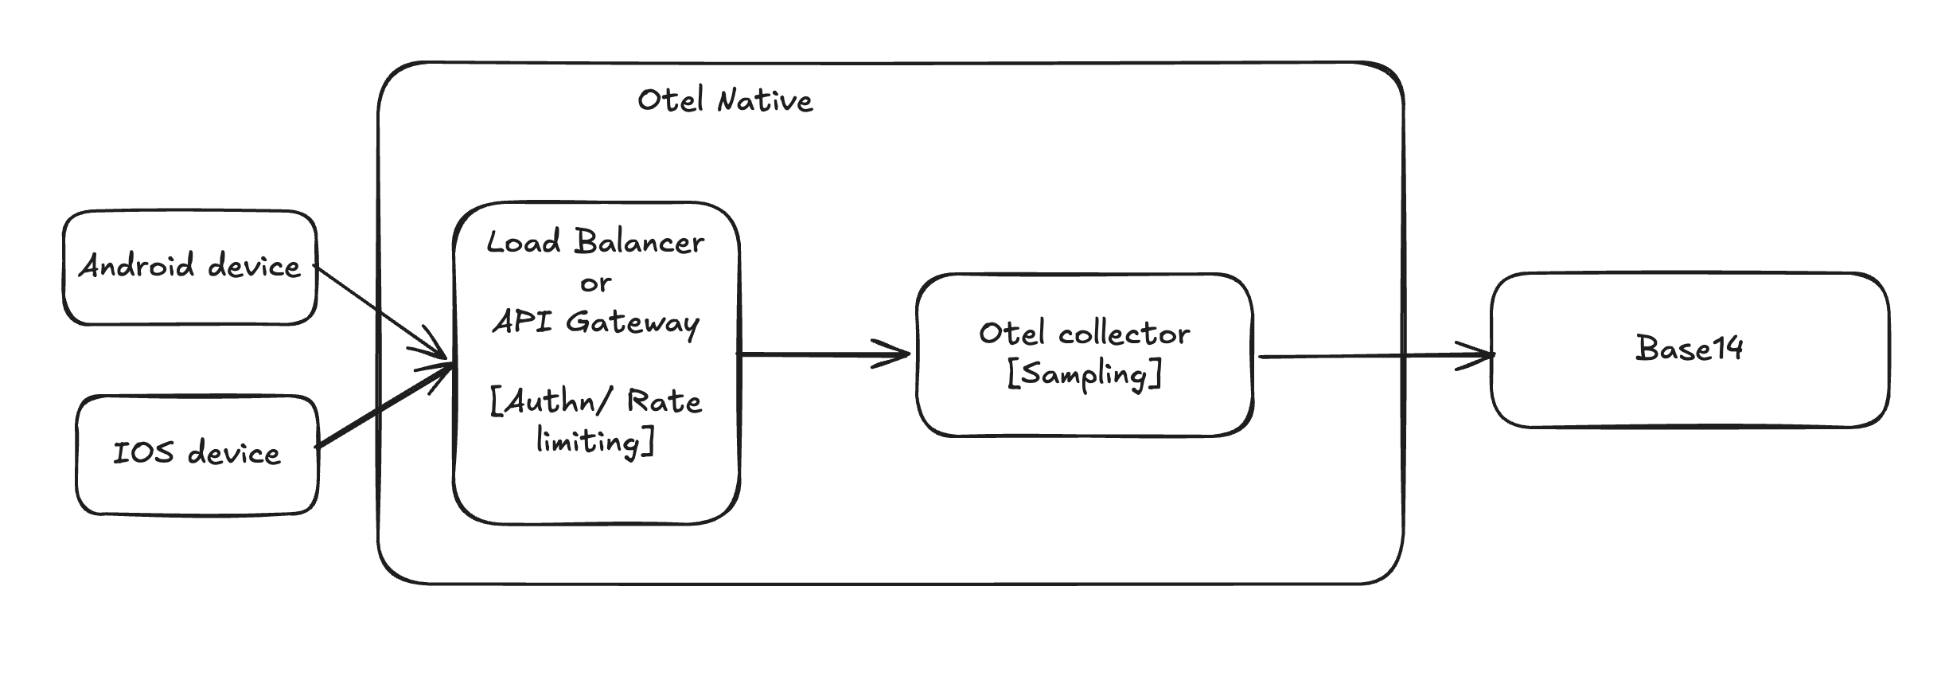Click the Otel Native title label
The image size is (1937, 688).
click(725, 100)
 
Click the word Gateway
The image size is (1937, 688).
click(633, 322)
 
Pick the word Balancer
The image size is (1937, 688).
click(639, 241)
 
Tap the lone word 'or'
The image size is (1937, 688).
click(595, 283)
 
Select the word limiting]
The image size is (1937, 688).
click(595, 440)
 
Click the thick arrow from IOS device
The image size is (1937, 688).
click(385, 406)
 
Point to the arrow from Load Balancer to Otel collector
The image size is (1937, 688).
click(824, 354)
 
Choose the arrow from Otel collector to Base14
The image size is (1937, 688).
click(1373, 356)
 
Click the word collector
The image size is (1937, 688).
click(1124, 334)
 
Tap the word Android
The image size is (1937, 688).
click(136, 265)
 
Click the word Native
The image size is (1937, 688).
click(765, 100)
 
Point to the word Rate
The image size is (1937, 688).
click(664, 401)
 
